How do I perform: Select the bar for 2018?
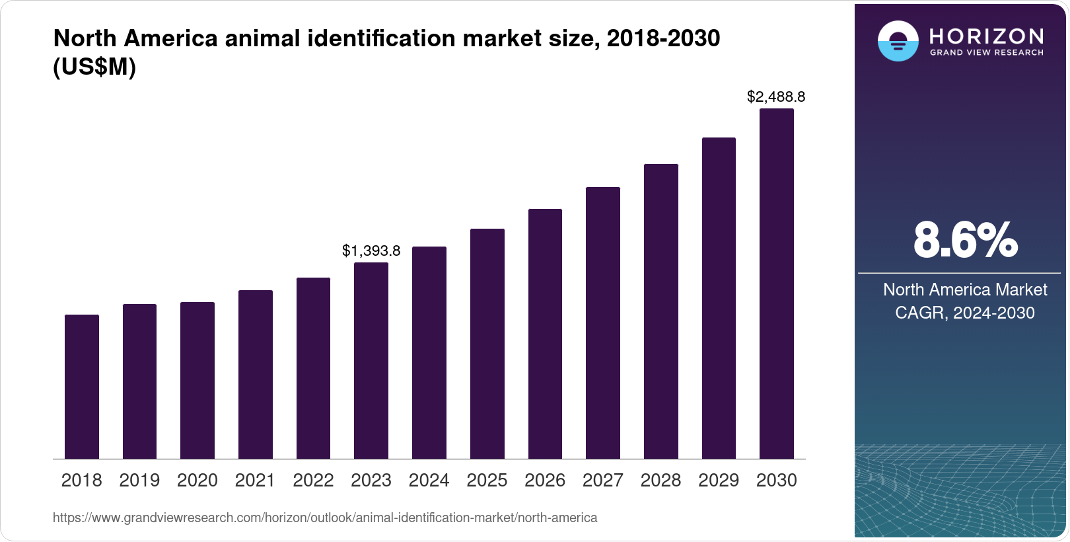[82, 387]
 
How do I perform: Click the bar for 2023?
[371, 360]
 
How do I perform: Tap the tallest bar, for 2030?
[777, 284]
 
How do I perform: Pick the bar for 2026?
[545, 334]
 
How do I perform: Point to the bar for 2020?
[197, 380]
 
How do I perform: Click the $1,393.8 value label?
[371, 251]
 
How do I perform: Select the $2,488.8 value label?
[776, 97]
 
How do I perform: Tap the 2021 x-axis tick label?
[255, 481]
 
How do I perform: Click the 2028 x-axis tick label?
[660, 481]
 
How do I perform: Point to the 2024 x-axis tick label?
[429, 481]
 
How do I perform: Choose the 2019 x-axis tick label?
[139, 481]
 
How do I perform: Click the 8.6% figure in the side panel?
[965, 241]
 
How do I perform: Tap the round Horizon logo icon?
[898, 41]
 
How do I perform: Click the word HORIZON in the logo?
[987, 36]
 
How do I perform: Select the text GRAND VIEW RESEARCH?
[987, 53]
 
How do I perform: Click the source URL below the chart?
[325, 518]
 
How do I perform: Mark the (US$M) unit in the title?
[94, 67]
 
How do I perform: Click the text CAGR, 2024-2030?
[964, 313]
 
